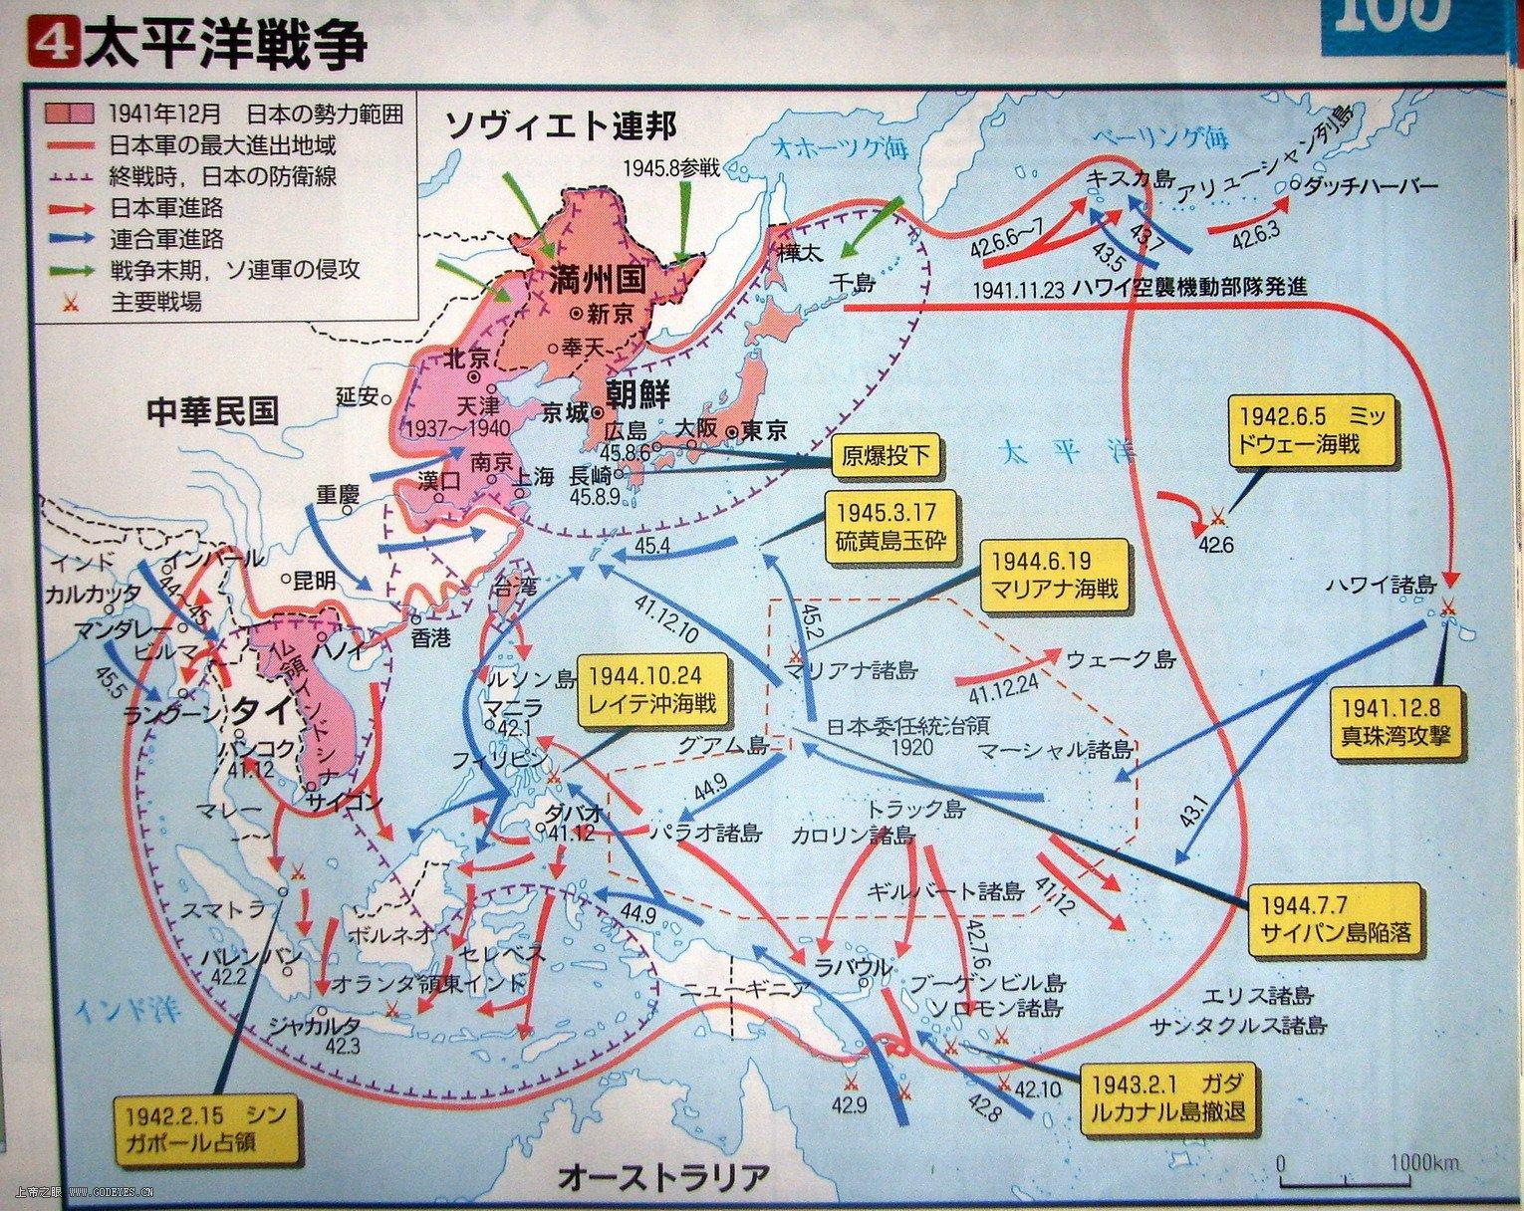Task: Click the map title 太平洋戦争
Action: pyautogui.click(x=224, y=46)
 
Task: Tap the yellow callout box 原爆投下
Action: pyautogui.click(x=887, y=457)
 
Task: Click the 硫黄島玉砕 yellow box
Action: pyautogui.click(x=887, y=528)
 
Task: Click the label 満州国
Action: pyautogui.click(x=598, y=280)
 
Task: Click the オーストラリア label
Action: pyautogui.click(x=663, y=1177)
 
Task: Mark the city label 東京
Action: pyautogui.click(x=764, y=431)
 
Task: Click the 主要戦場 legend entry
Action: pyautogui.click(x=154, y=301)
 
